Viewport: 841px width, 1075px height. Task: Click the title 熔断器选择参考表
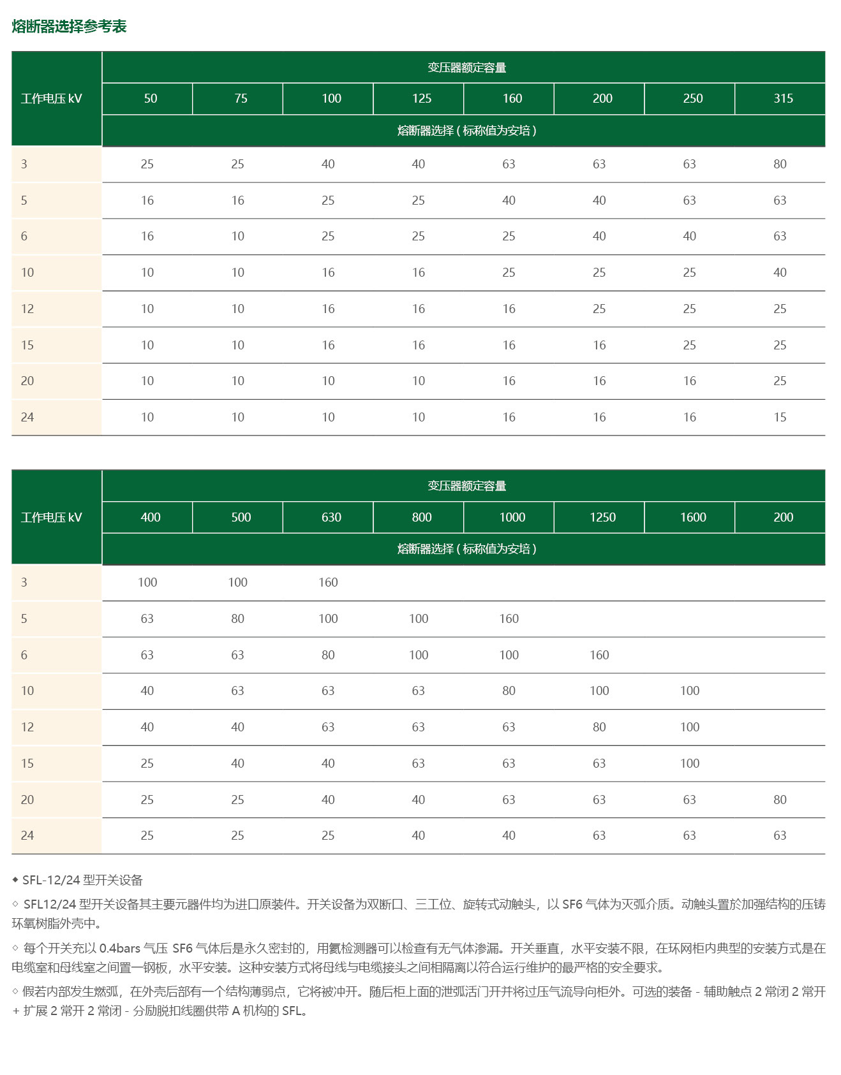(x=69, y=26)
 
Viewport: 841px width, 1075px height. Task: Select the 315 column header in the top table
(x=783, y=98)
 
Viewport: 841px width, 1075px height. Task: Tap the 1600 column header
(x=692, y=517)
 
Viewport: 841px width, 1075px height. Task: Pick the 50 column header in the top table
(x=151, y=98)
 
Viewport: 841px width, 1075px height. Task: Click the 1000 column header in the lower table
(x=512, y=517)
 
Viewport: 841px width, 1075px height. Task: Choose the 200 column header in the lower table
(x=783, y=517)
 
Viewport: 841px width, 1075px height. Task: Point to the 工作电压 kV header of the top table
(x=52, y=99)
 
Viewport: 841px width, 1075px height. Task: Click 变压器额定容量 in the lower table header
(x=466, y=486)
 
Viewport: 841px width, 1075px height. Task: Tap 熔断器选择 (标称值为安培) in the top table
(x=466, y=131)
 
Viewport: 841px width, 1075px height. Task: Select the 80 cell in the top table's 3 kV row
(x=780, y=165)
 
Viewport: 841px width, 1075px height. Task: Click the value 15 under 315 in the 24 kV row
(x=780, y=418)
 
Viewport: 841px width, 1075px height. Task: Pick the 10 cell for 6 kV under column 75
(x=237, y=237)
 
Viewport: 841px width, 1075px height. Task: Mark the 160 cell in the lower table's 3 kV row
(x=328, y=583)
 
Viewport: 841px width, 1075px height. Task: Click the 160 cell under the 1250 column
(x=599, y=655)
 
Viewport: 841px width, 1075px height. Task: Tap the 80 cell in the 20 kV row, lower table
(x=780, y=800)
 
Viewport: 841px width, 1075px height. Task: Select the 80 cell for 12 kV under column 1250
(x=599, y=728)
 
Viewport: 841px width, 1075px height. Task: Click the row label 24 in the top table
(x=27, y=418)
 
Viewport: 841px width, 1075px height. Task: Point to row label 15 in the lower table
(x=27, y=764)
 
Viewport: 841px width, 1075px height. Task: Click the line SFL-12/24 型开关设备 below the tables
(x=82, y=881)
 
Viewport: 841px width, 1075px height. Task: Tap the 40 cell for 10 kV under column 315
(x=780, y=273)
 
